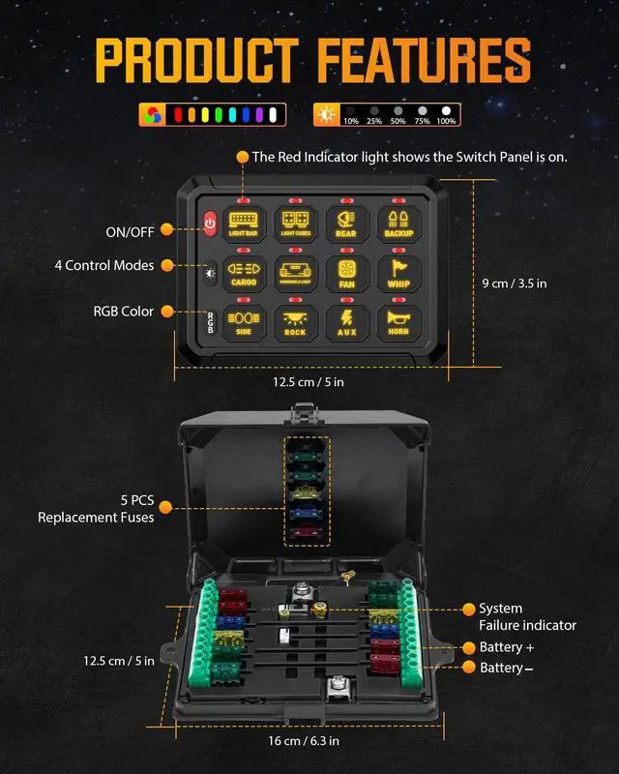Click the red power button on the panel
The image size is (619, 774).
(x=210, y=225)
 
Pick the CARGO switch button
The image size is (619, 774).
(x=242, y=273)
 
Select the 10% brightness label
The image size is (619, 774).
(x=351, y=121)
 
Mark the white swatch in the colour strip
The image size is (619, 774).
(x=274, y=116)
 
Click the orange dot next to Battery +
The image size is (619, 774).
(x=469, y=647)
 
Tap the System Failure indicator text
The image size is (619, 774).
(x=526, y=617)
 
